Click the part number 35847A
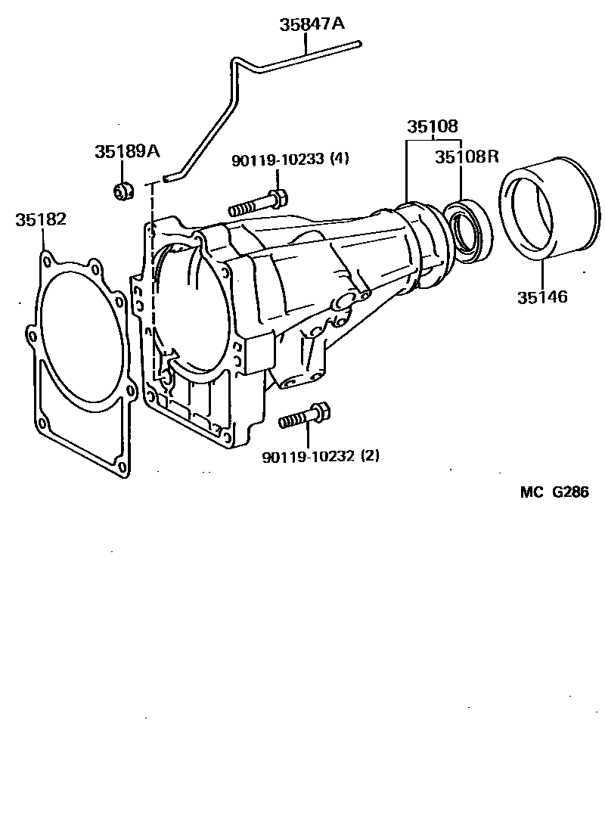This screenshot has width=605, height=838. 312,24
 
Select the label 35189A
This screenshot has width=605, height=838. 127,151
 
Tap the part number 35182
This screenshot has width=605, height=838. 41,219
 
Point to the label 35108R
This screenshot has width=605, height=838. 467,157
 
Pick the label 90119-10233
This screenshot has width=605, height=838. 278,160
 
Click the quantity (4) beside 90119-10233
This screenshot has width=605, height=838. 340,160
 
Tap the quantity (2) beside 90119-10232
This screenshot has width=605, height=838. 371,456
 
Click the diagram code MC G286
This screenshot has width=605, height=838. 554,492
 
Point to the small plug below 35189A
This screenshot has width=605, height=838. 123,191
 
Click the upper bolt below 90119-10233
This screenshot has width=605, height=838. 257,203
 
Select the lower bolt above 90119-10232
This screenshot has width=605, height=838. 303,417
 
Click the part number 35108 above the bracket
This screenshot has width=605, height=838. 433,126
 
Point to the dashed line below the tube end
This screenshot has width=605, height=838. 153,280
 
